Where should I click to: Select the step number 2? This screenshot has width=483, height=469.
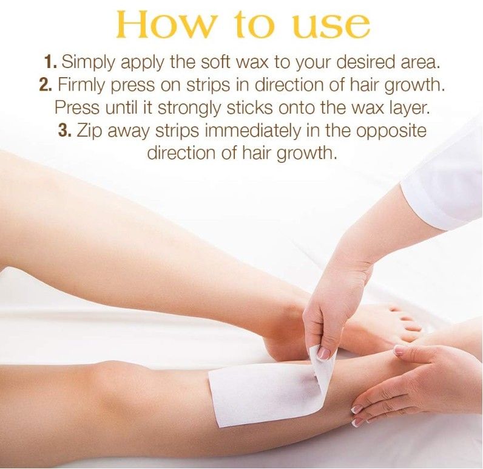pyautogui.click(x=46, y=84)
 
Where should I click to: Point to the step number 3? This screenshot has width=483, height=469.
pyautogui.click(x=66, y=131)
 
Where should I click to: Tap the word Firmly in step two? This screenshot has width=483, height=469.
pyautogui.click(x=79, y=84)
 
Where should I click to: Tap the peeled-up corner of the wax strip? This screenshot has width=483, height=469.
pyautogui.click(x=323, y=365)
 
